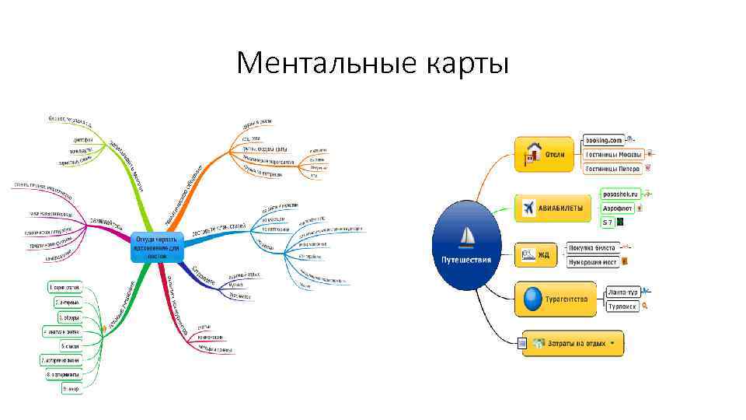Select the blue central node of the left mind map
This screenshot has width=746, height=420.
coord(158,246)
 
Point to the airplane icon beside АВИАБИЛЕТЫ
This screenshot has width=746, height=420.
coord(528,208)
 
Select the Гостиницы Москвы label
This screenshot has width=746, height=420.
coord(613,154)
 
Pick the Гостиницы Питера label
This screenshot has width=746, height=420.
coord(612,168)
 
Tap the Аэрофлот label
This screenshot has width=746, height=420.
coord(618,208)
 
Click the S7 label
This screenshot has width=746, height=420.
coord(608,222)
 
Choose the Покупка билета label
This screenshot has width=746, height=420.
coord(592,248)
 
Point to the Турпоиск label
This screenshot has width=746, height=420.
coord(622,306)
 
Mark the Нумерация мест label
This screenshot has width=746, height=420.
coord(592,261)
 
